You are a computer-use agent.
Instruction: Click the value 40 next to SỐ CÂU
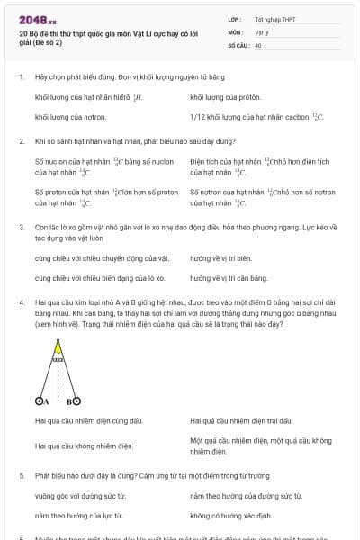258,44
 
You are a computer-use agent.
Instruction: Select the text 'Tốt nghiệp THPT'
274,19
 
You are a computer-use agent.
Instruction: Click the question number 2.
22,141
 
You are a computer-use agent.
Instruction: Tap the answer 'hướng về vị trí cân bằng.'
229,278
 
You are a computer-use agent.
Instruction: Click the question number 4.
22,303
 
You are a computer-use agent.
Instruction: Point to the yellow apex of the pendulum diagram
58,344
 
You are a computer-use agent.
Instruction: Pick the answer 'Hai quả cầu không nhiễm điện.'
84,445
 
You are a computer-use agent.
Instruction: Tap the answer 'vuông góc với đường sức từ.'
79,496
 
